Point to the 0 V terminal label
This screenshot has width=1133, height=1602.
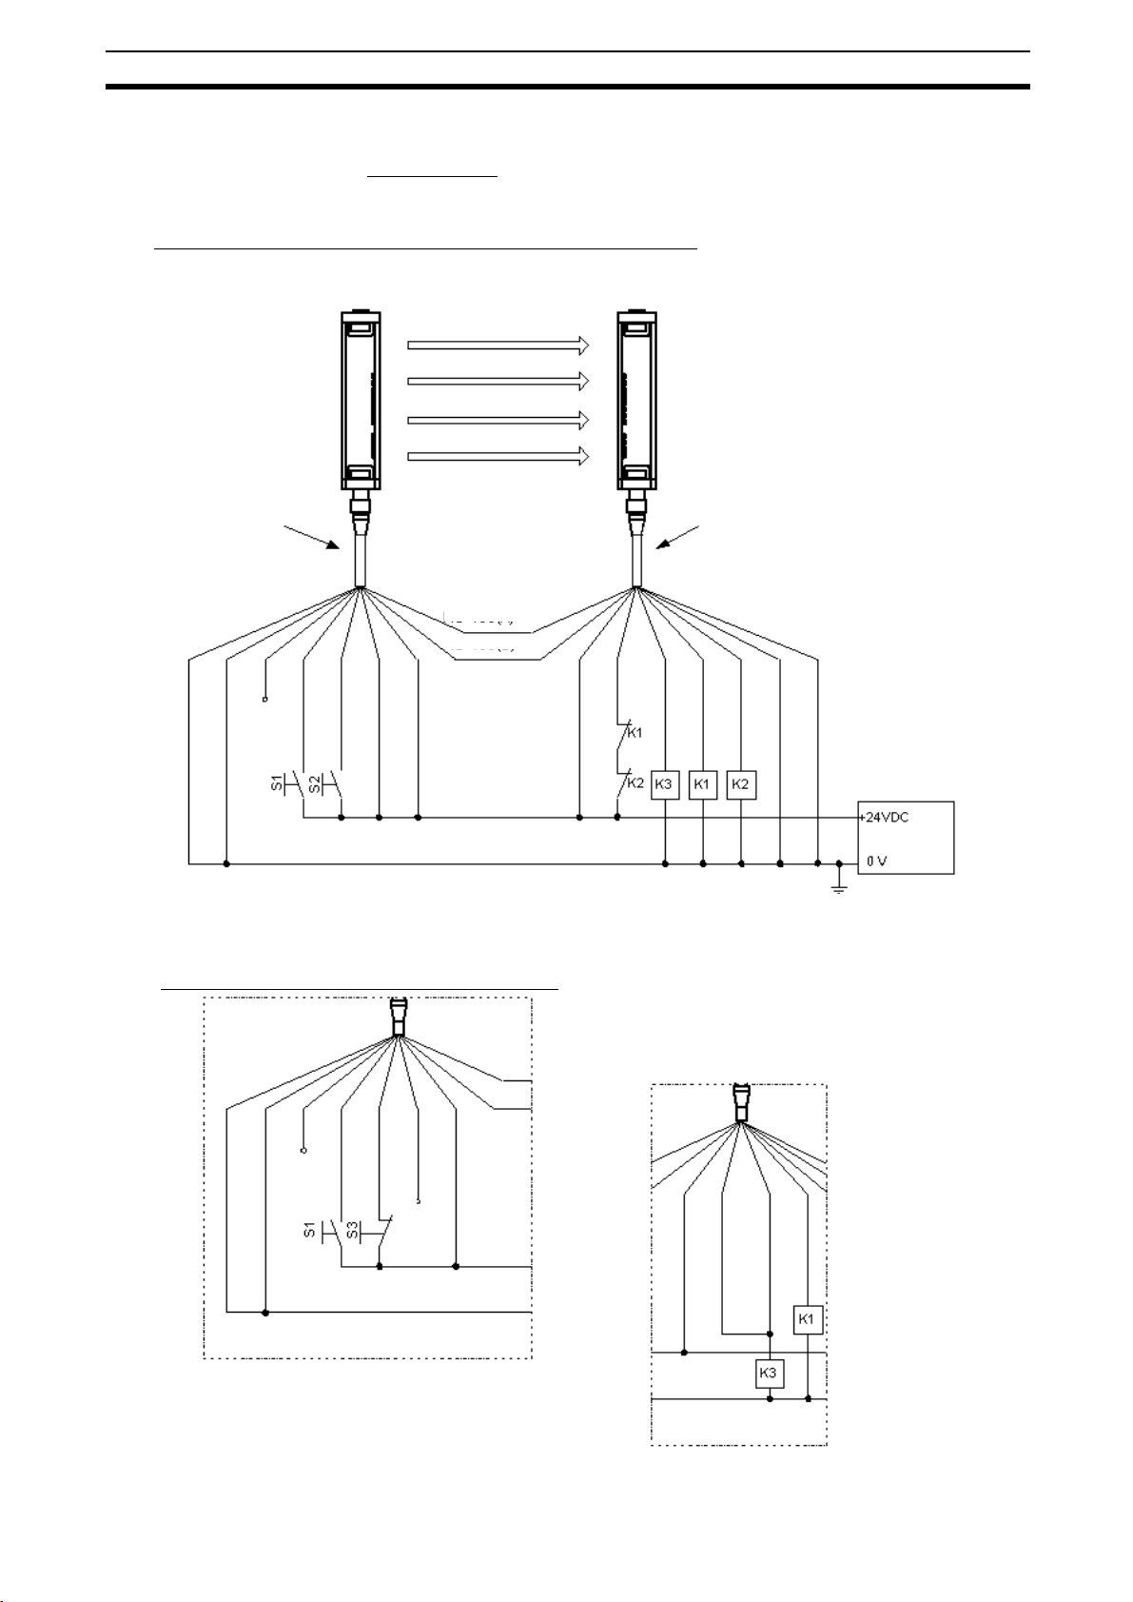point(876,862)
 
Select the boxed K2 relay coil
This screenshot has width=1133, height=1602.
point(741,784)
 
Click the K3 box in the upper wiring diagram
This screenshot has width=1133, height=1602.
point(664,784)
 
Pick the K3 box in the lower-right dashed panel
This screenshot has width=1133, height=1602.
point(769,1374)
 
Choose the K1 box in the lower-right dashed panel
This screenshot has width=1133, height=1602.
point(808,1319)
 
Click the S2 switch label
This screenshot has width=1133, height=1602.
point(314,784)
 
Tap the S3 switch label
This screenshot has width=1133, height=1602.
point(352,1232)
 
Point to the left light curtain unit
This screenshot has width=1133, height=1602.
point(361,400)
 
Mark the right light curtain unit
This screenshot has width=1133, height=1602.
point(636,400)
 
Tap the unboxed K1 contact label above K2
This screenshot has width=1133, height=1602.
point(635,733)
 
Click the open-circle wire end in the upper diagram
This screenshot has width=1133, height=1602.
point(264,700)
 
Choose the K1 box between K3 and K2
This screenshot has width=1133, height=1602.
point(702,784)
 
